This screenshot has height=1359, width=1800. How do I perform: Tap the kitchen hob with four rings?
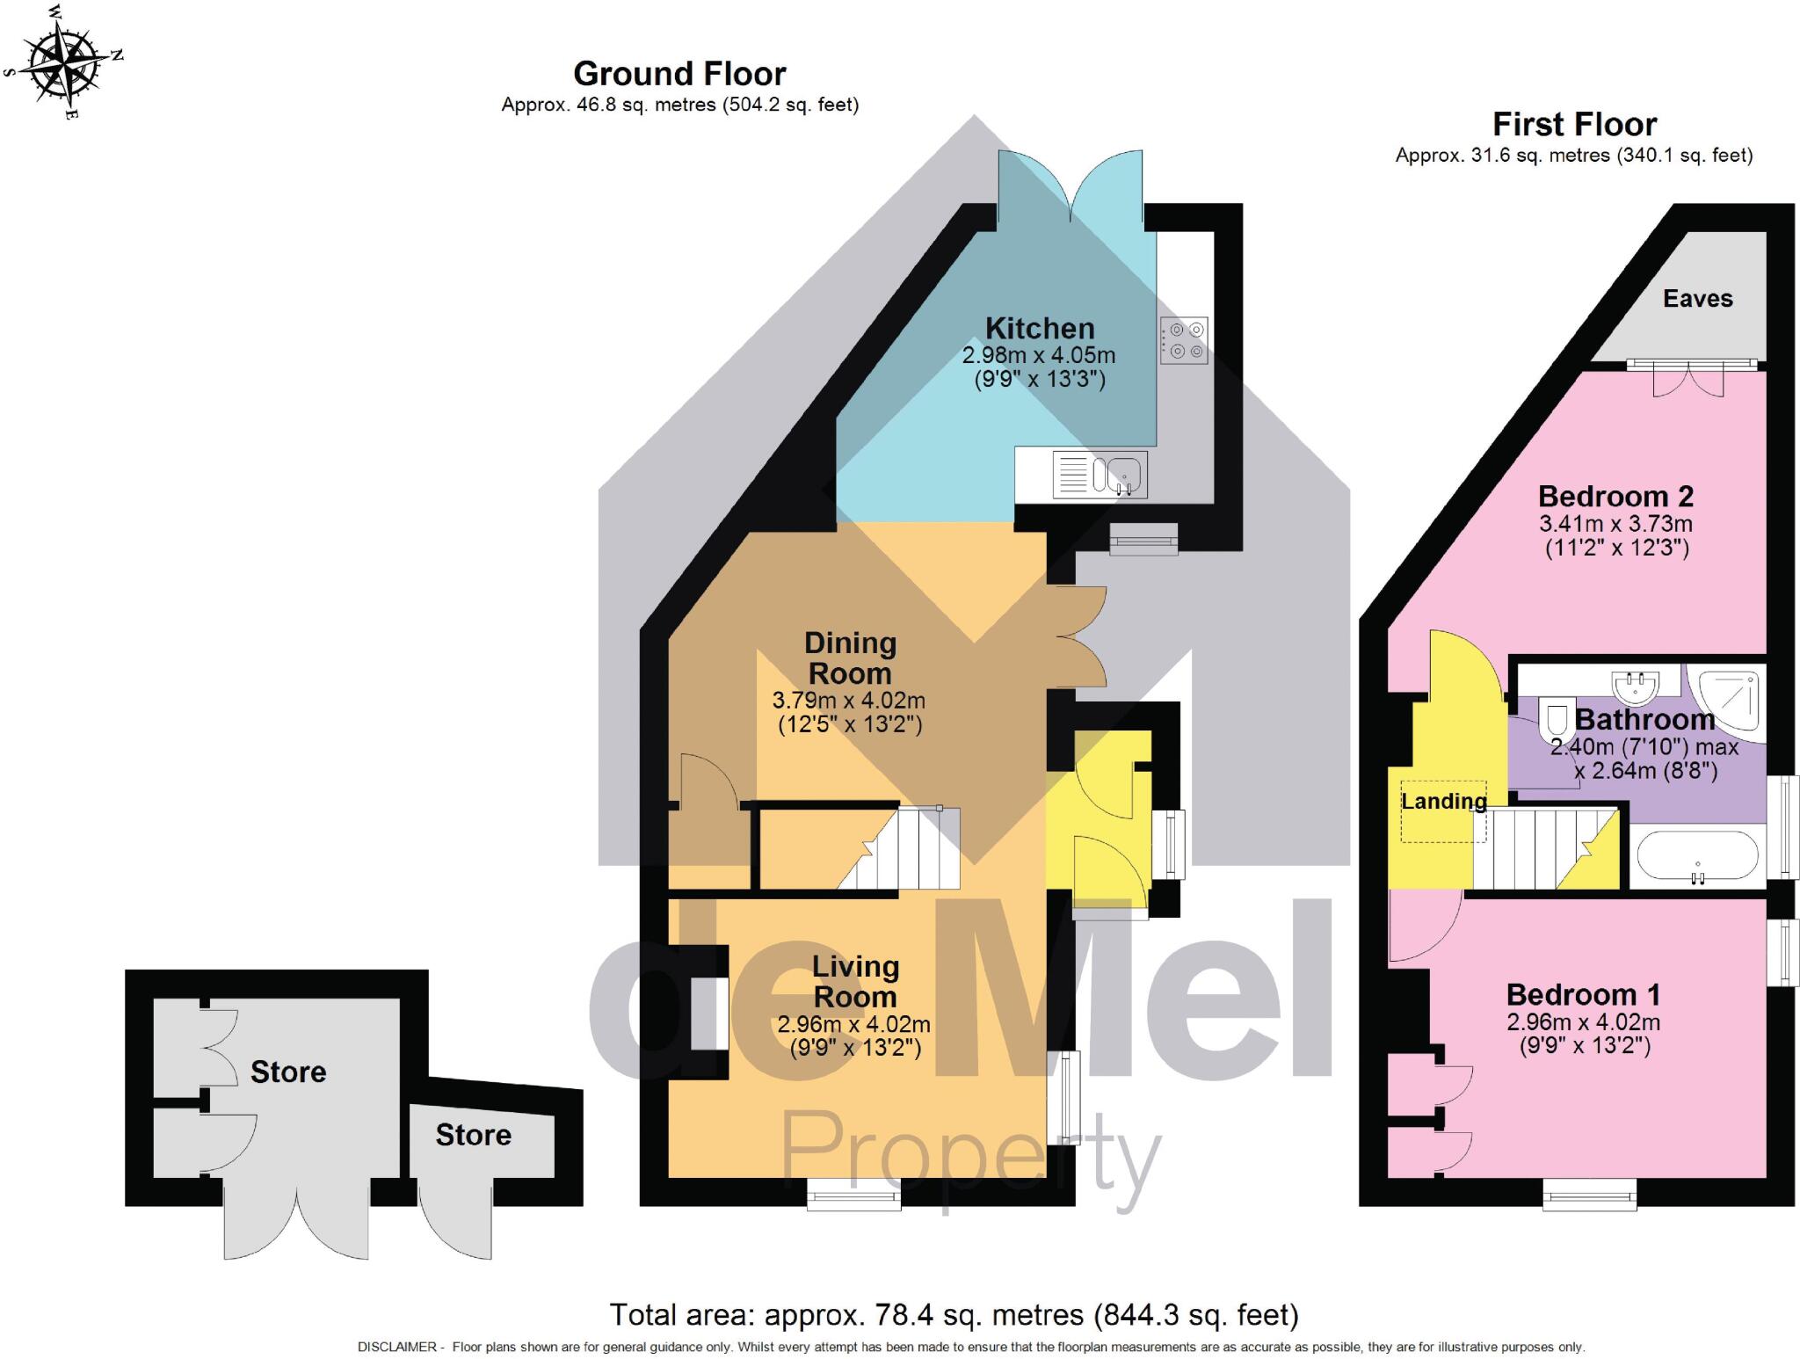click(x=1184, y=340)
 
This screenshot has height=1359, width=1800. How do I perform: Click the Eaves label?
click(x=1697, y=299)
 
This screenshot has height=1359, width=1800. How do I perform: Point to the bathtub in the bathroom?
click(x=1697, y=855)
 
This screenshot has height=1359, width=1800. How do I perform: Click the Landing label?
click(x=1443, y=801)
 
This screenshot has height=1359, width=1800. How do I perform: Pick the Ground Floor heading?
click(x=679, y=74)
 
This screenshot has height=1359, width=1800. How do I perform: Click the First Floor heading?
click(x=1574, y=125)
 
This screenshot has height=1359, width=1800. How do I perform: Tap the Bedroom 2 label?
click(x=1615, y=497)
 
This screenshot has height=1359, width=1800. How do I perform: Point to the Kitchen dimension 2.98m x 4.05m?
click(x=1039, y=356)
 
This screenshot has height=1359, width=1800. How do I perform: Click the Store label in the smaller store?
click(x=473, y=1135)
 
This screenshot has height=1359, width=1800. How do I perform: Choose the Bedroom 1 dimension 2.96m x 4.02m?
click(x=1583, y=1022)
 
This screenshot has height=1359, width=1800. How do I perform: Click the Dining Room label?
click(x=850, y=658)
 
